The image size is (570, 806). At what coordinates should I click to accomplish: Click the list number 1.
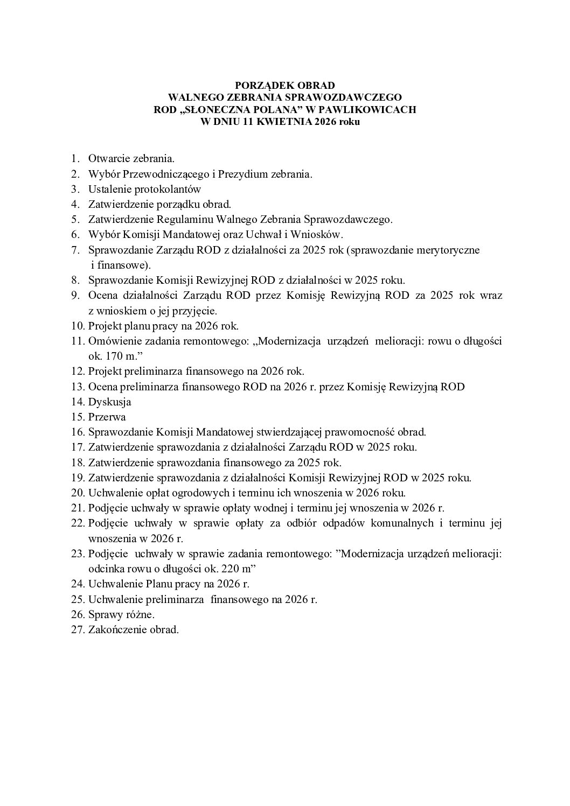[75, 159]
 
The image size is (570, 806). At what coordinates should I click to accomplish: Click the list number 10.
[78, 326]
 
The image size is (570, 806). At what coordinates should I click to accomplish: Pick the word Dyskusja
[109, 402]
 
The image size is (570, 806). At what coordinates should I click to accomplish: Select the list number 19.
[78, 478]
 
